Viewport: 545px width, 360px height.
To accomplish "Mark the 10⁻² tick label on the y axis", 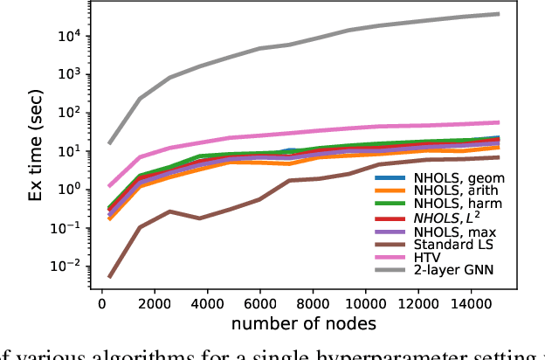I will [x=87, y=266].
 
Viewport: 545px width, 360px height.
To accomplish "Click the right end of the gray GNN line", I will [x=499, y=14].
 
